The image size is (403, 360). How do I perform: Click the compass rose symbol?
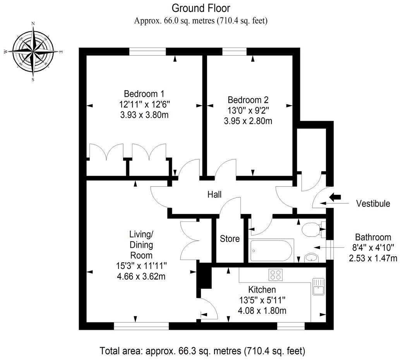click(x=33, y=51)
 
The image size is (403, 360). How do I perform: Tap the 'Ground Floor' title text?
click(x=201, y=8)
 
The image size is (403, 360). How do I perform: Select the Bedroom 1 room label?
click(x=144, y=94)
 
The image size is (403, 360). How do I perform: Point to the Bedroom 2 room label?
click(x=248, y=99)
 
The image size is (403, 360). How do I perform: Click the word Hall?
click(x=214, y=194)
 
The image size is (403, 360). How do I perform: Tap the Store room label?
click(x=230, y=239)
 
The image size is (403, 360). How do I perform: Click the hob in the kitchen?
click(x=275, y=274)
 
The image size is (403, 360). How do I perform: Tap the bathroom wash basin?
click(x=310, y=257)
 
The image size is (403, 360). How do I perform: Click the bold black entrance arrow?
click(x=334, y=197)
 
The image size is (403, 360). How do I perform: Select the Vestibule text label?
click(x=373, y=204)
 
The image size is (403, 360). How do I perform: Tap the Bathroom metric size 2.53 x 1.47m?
click(x=373, y=258)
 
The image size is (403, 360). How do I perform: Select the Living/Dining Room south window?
click(x=141, y=326)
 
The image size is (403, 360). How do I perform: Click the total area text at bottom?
click(x=203, y=351)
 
